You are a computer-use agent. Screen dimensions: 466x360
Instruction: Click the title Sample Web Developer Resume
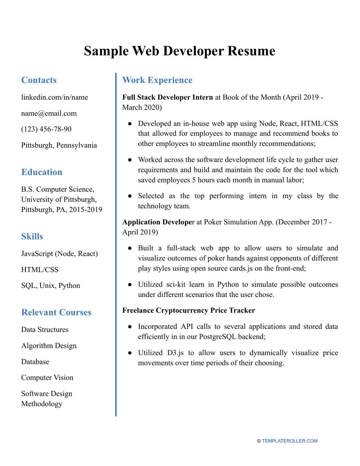[x=180, y=51]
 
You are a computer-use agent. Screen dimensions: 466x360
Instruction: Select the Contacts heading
[x=39, y=80]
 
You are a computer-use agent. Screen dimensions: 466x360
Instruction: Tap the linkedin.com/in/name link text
[x=55, y=97]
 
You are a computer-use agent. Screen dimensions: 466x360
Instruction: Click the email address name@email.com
[x=49, y=113]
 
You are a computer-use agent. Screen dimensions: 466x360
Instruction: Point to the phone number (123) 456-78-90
[x=46, y=129]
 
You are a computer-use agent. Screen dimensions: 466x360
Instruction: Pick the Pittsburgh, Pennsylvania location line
[x=59, y=145]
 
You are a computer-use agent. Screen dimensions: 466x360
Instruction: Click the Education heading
[x=42, y=172]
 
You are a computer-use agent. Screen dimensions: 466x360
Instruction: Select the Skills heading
[x=32, y=237]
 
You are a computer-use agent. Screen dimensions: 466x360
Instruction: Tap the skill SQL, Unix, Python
[x=50, y=285]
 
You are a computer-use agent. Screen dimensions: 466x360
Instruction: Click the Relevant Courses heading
[x=56, y=313]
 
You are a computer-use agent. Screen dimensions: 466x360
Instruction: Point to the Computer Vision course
[x=47, y=378]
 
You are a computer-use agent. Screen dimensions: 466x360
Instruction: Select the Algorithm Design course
[x=49, y=346]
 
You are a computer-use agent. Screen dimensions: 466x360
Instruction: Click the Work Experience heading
[x=157, y=80]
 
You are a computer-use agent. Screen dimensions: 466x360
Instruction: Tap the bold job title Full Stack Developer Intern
[x=167, y=97]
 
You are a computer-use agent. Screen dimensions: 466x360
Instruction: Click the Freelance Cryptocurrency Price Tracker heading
[x=189, y=310]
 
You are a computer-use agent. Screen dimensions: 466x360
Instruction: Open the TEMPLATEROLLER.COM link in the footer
[x=290, y=441]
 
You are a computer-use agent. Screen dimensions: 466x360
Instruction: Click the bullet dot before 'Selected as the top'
[x=130, y=196]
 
